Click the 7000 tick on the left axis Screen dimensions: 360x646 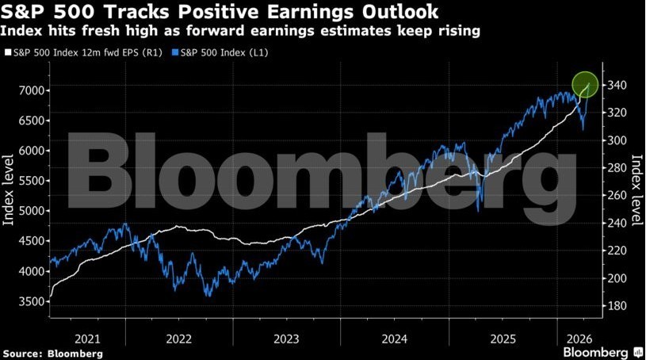32,90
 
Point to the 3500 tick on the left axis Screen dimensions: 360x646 32,301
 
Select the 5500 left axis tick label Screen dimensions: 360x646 32,181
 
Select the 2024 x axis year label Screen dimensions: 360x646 394,338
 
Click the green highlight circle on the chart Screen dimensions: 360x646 585,83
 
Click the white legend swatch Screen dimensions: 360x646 8,53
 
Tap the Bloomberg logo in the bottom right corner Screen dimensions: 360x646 600,351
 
